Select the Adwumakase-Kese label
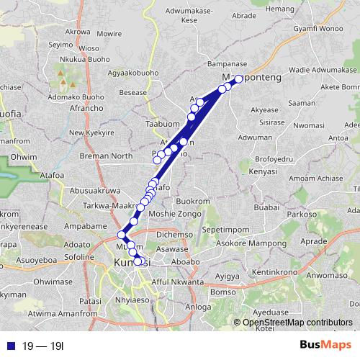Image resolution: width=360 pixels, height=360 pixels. pos(189,17)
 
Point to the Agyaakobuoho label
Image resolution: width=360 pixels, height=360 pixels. pos(132,73)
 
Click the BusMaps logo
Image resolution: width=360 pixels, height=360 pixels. pos(323,345)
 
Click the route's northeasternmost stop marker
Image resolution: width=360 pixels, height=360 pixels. pos(239,79)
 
